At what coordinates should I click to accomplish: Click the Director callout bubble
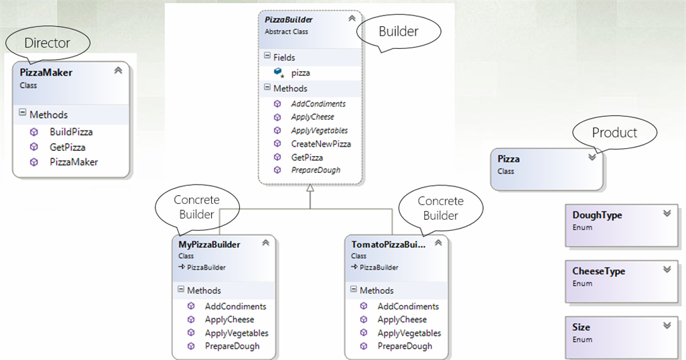pos(47,44)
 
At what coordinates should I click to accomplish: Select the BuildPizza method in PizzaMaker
pos(70,132)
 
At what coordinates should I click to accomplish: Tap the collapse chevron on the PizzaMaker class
pos(118,70)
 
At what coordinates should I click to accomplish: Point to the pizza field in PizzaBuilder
pos(300,72)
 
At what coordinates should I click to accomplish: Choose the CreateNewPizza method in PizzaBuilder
pos(320,143)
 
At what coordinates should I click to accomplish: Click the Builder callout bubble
pos(399,32)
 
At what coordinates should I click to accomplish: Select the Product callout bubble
pos(614,133)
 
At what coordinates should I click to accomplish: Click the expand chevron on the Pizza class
pos(592,157)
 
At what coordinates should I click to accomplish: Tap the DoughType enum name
pos(597,215)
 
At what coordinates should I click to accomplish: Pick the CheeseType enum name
pos(598,272)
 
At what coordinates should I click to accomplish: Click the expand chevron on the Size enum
pos(666,325)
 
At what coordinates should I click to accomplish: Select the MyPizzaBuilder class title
pos(209,244)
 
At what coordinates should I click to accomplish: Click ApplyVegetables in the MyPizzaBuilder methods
pos(236,333)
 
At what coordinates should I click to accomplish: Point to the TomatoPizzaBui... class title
pos(388,244)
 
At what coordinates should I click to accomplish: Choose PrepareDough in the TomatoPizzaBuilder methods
pos(405,346)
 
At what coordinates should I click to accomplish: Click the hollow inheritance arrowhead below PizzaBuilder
pos(310,189)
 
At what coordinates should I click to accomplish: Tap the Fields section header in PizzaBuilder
pos(283,58)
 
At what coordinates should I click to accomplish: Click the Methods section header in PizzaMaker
pos(48,115)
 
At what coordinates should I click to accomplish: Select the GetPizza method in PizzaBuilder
pos(306,157)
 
